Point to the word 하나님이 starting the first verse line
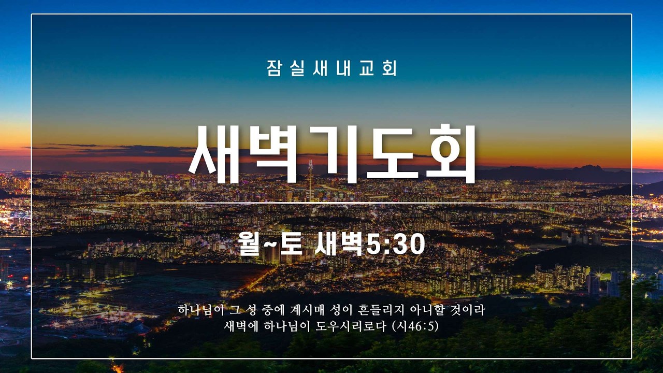tap(197, 310)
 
